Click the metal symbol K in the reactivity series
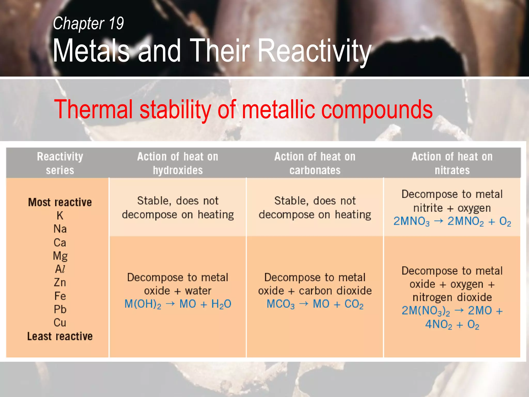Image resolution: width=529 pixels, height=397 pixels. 60,216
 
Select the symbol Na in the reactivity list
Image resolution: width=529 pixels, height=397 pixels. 60,229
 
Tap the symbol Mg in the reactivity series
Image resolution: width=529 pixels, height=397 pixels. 60,256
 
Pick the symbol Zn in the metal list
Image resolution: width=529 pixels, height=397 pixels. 60,283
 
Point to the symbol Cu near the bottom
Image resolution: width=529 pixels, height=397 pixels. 60,323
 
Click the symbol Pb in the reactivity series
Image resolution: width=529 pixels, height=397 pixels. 60,309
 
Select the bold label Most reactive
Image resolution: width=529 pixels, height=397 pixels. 60,202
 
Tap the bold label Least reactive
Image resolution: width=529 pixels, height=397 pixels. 60,336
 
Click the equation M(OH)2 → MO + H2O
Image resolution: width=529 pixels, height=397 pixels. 178,304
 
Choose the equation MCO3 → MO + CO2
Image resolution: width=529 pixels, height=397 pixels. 315,304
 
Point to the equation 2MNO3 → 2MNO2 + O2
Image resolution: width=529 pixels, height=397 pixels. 452,222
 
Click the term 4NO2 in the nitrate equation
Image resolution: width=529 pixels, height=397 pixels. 439,324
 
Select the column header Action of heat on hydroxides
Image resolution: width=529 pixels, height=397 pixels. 178,163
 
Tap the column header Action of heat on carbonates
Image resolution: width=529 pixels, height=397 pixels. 315,163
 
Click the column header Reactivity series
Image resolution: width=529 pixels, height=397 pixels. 60,163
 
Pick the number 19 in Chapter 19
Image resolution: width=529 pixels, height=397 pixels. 116,23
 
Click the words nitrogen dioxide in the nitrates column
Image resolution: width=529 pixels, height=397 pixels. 452,297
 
